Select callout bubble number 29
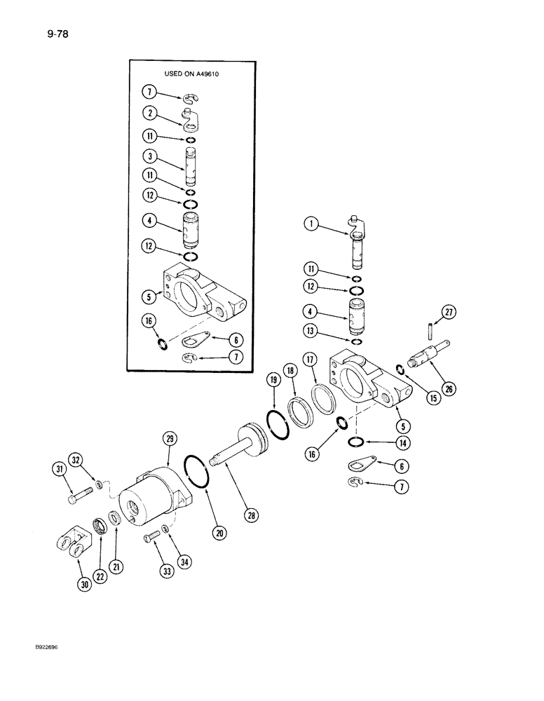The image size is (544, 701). tap(169, 440)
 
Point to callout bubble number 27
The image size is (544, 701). tap(448, 313)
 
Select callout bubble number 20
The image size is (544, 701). tap(219, 534)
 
